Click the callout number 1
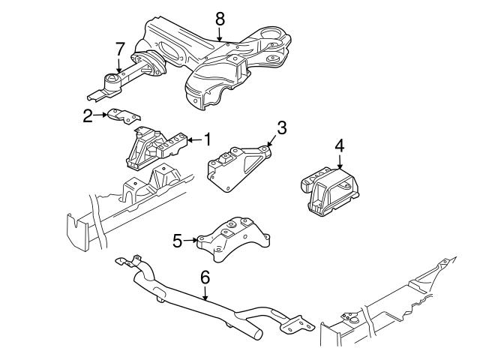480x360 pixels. point(208,139)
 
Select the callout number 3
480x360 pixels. point(281,128)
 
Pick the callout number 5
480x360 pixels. point(178,241)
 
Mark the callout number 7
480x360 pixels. point(118,50)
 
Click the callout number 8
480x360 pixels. point(219,16)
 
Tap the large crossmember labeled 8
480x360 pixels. point(225,64)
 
